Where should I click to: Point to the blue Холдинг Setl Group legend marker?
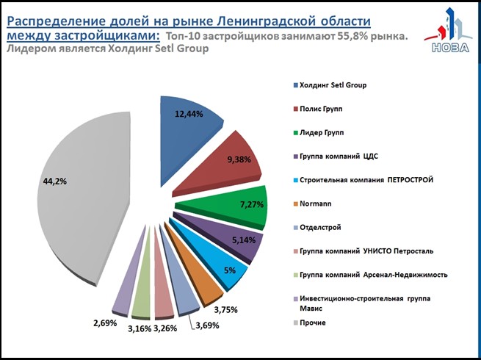click(294, 85)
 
